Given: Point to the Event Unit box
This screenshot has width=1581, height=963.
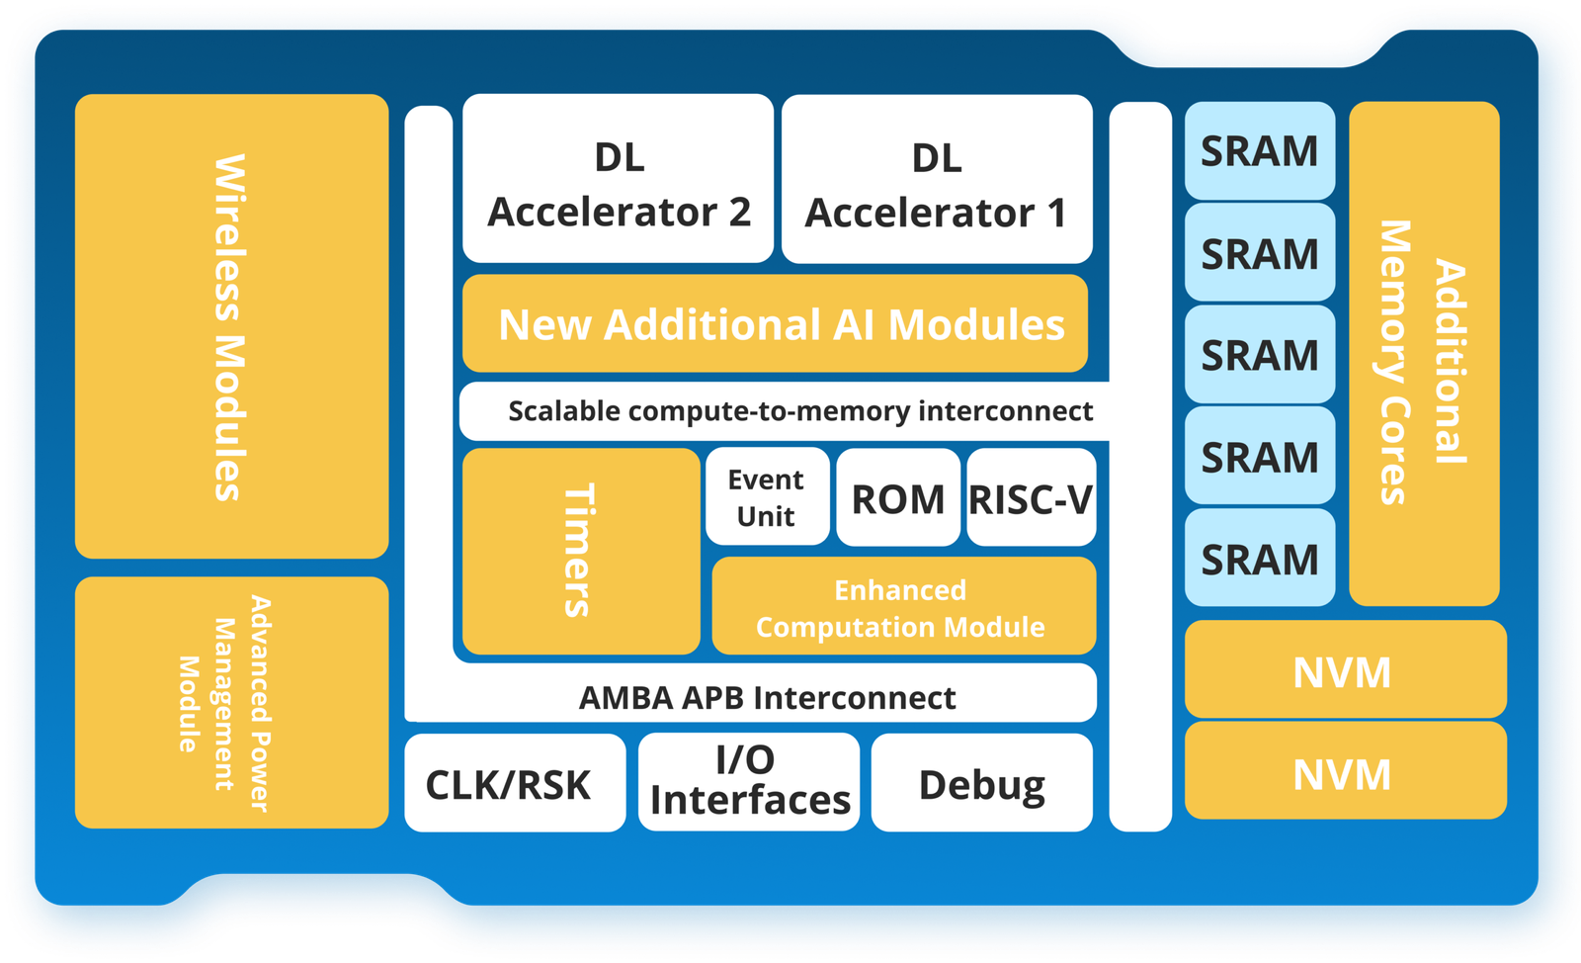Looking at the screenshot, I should pyautogui.click(x=767, y=497).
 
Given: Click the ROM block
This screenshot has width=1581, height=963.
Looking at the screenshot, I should pyautogui.click(x=898, y=498).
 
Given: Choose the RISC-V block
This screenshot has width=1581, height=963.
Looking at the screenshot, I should pyautogui.click(x=1031, y=498).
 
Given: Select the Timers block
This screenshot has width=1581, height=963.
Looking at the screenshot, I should pyautogui.click(x=580, y=551).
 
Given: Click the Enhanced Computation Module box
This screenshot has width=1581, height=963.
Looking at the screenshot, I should pyautogui.click(x=903, y=607).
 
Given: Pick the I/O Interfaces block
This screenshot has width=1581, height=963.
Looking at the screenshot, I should pyautogui.click(x=749, y=782).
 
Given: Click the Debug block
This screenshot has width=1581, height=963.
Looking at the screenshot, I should pyautogui.click(x=981, y=783).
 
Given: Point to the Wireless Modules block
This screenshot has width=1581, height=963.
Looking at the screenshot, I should pyautogui.click(x=231, y=326).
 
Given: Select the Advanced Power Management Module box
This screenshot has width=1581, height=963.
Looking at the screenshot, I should pyautogui.click(x=231, y=703).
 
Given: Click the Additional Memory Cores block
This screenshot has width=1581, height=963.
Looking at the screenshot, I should pyautogui.click(x=1424, y=354).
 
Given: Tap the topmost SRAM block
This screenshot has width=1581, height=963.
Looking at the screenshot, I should pyautogui.click(x=1260, y=151).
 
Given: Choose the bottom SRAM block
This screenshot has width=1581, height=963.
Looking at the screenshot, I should pyautogui.click(x=1260, y=559).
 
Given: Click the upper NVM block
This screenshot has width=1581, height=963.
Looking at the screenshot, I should pyautogui.click(x=1345, y=670).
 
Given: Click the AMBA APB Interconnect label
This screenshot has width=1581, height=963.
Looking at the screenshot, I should pyautogui.click(x=767, y=697).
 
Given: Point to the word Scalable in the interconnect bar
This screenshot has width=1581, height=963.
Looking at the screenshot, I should pyautogui.click(x=563, y=411).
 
